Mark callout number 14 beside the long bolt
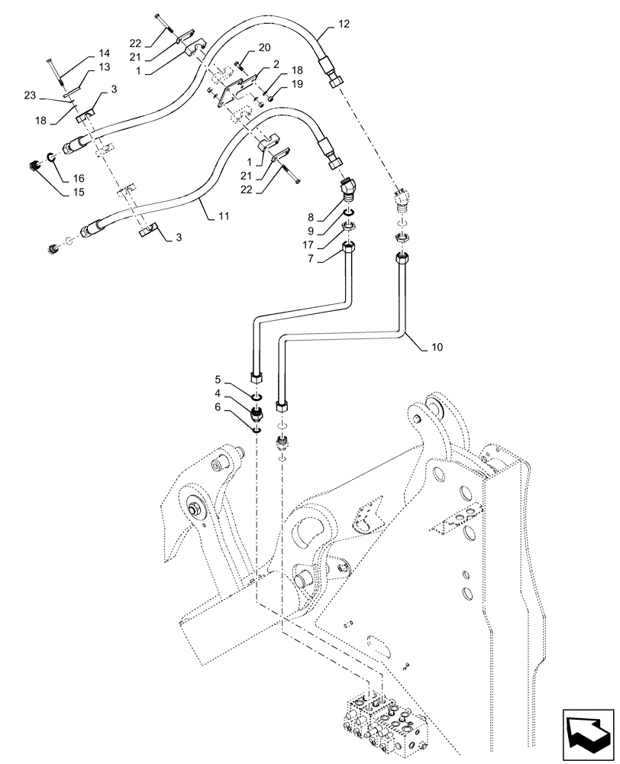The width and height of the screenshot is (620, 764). tap(105, 53)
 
